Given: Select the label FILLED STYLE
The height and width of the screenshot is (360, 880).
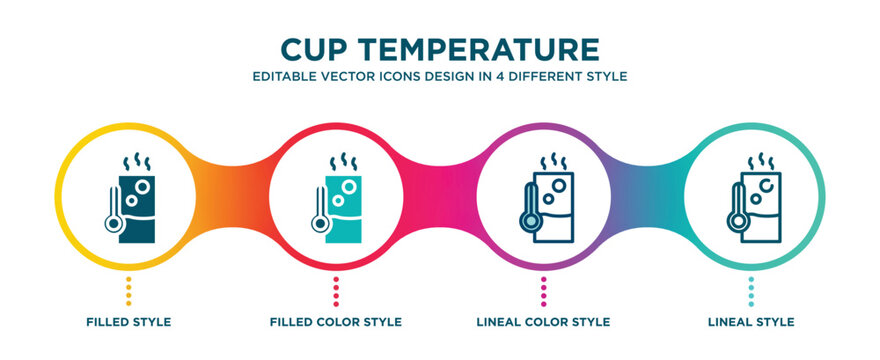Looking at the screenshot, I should [128, 322].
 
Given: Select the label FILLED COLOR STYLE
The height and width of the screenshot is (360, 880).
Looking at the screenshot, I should [336, 322].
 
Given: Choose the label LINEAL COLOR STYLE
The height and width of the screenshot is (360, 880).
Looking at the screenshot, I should [543, 322].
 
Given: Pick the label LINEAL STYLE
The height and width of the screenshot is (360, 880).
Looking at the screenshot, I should [751, 322].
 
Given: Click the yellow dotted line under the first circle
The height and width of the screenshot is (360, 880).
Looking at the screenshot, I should [128, 290].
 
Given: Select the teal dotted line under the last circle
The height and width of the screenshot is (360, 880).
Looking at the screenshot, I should [751, 290].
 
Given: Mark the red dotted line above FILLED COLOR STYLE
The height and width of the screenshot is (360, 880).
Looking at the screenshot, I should [336, 290].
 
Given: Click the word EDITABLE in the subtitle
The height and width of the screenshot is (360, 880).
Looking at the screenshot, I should [284, 76].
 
